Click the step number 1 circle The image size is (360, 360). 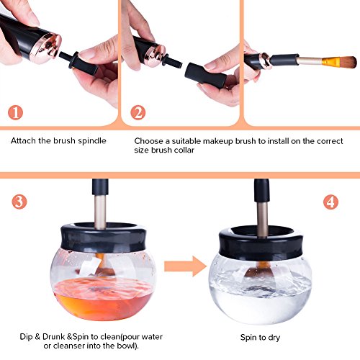tap(16, 112)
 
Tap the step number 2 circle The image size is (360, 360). tap(138, 112)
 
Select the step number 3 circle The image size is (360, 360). tap(19, 202)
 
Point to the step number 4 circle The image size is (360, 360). tap(330, 202)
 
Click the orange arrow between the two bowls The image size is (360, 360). tap(185, 266)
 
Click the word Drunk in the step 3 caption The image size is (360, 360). tap(53, 336)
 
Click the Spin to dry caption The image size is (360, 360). tap(260, 338)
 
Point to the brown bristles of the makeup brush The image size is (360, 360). tap(345, 62)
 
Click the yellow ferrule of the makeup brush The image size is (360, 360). tap(328, 62)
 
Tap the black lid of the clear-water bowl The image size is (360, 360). tap(261, 243)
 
